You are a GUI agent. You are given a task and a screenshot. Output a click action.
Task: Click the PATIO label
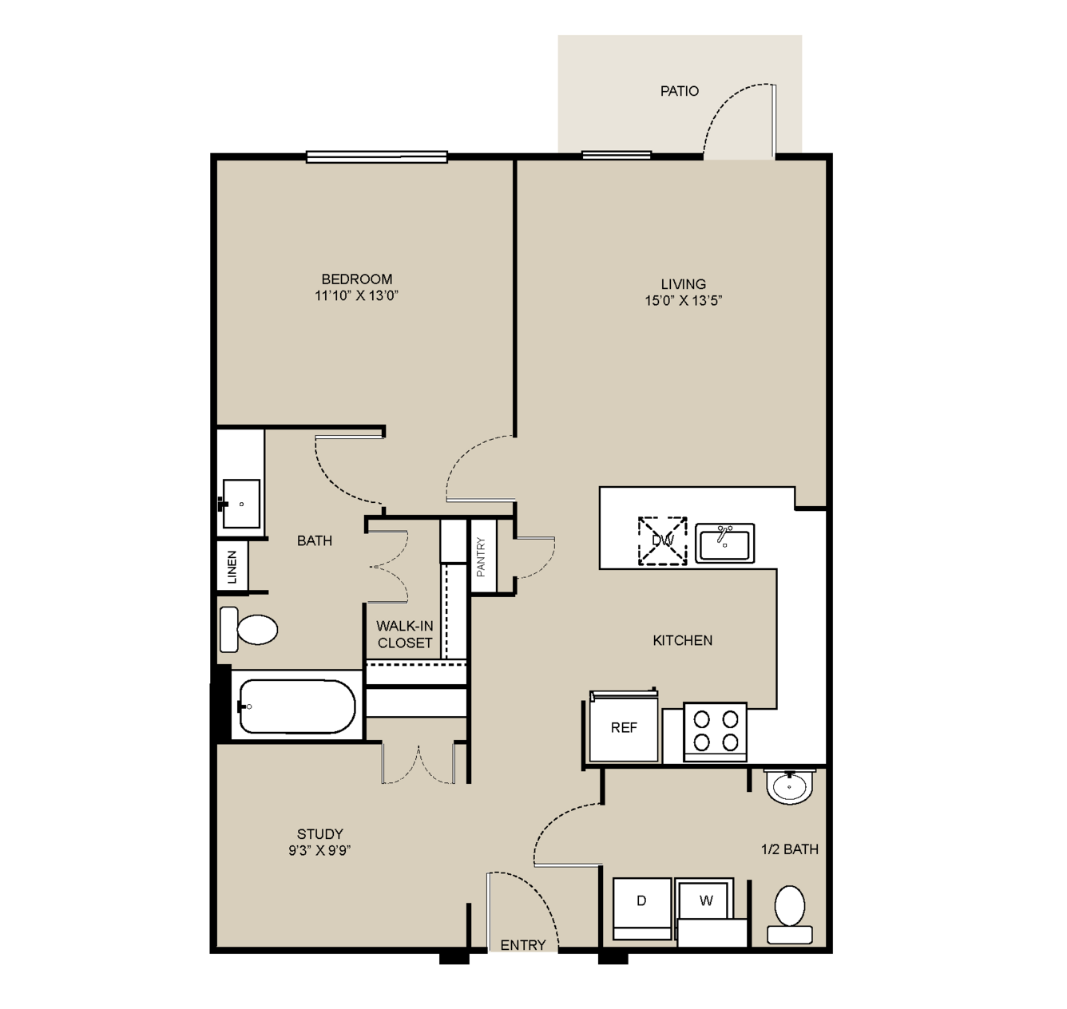679,91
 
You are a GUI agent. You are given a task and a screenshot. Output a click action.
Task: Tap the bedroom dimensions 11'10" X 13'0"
356,295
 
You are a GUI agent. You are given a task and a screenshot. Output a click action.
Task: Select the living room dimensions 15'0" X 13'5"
684,300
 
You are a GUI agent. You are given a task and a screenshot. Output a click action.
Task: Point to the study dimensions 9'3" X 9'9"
319,850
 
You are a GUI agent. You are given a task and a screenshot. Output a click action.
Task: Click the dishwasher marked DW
662,541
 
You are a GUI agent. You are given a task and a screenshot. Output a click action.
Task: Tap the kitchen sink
724,543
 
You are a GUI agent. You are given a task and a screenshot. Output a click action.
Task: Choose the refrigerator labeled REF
624,727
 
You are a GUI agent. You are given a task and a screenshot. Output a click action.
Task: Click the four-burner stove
716,732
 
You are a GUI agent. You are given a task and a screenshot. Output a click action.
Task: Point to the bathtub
297,706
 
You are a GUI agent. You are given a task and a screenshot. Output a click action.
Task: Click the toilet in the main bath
248,629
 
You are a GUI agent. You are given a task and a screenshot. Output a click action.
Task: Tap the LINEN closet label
232,567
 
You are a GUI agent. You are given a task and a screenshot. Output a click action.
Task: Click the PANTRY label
481,556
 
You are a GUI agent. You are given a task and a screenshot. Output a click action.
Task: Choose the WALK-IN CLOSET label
405,634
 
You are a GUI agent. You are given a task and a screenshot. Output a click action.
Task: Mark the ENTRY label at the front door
522,945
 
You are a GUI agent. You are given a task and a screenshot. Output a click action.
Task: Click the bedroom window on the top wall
377,156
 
